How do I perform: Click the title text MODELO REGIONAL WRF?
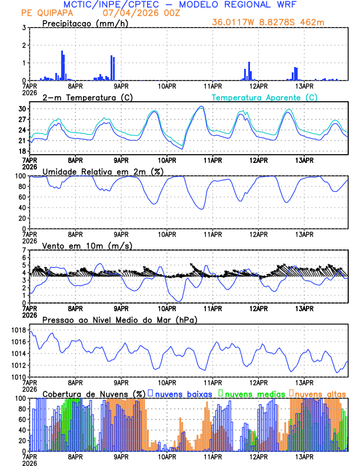pyautogui.click(x=238, y=5)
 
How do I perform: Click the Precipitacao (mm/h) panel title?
pyautogui.click(x=85, y=24)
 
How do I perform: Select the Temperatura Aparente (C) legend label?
pyautogui.click(x=264, y=97)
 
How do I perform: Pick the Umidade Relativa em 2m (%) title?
pyautogui.click(x=102, y=171)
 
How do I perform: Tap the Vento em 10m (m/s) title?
pyautogui.click(x=87, y=245)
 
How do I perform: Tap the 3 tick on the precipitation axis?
pyautogui.click(x=24, y=28)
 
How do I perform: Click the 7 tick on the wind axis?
pyautogui.click(x=24, y=250)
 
